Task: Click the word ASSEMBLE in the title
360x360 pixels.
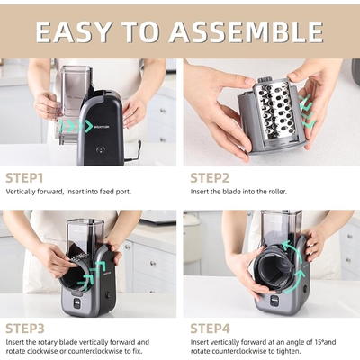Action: (x=247, y=31)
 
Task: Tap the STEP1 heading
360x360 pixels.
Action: (x=24, y=178)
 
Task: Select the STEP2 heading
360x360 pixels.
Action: (x=210, y=178)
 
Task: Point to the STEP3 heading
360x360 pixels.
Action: (x=25, y=328)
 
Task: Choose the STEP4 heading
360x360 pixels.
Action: (x=211, y=328)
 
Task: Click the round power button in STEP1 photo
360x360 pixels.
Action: (x=101, y=149)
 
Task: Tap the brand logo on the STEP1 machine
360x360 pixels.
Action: (x=102, y=127)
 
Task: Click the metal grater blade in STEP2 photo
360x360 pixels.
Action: (x=274, y=112)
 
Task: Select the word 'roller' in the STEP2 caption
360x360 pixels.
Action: (x=276, y=192)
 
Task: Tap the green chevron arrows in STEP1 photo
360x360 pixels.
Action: (x=76, y=126)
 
